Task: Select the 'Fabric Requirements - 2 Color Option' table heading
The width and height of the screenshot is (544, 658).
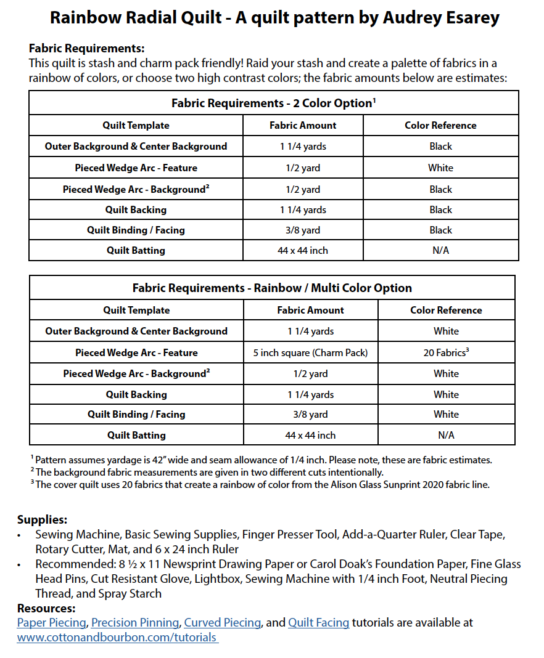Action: pos(273,103)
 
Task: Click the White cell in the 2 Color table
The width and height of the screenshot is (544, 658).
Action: pos(440,168)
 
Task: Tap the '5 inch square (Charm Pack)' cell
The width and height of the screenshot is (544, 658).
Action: pos(310,352)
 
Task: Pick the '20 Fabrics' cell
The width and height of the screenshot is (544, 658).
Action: pos(445,352)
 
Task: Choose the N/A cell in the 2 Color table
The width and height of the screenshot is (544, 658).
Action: pos(440,250)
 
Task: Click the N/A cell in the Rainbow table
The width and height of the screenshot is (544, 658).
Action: pos(445,435)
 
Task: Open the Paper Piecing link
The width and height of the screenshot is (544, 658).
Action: pos(52,623)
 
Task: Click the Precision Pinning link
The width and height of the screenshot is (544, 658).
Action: pos(135,623)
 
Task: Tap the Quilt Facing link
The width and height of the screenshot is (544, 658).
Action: pos(318,623)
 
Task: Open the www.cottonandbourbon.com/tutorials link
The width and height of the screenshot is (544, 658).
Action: pos(117,638)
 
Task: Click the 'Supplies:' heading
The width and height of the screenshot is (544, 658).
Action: pos(42,519)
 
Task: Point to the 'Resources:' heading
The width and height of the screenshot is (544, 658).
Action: pos(47,609)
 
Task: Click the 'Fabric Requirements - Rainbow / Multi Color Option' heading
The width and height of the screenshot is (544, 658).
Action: pos(272,288)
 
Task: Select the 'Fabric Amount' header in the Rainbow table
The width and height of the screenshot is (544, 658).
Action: pos(310,310)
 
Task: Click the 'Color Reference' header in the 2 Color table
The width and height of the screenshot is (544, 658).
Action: pos(440,125)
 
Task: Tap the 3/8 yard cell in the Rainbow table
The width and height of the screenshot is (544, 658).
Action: pos(310,414)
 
